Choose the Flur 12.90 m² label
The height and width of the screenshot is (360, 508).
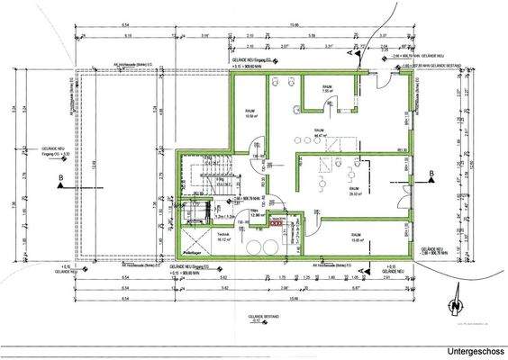pyautogui.click(x=256, y=213)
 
